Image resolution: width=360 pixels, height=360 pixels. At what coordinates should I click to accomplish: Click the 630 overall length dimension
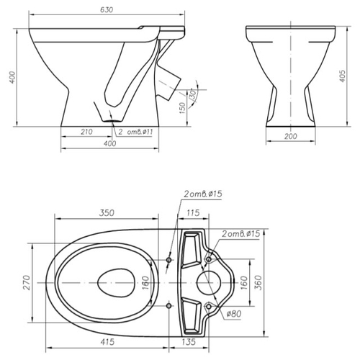107,10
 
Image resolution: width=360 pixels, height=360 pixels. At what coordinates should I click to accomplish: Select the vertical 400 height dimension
12,77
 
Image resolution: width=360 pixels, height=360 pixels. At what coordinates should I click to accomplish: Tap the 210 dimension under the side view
86,132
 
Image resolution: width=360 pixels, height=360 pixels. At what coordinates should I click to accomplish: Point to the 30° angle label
193,94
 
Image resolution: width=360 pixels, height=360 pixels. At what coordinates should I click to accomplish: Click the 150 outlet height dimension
182,108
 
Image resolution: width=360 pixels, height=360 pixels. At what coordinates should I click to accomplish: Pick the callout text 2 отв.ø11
135,132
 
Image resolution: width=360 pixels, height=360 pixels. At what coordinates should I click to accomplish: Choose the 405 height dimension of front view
343,76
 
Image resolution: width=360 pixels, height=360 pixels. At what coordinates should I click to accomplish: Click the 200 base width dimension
291,136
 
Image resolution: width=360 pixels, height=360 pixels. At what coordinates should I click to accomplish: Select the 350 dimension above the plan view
107,213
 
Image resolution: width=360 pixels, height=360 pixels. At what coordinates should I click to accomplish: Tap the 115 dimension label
193,213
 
